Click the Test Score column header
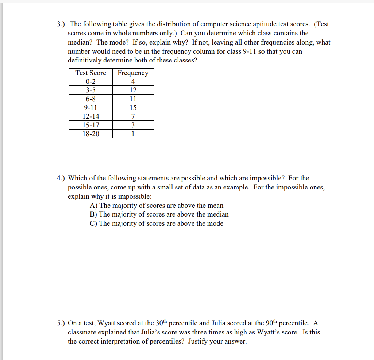pyautogui.click(x=90, y=73)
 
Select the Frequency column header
pyautogui.click(x=133, y=73)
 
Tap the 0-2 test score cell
pyautogui.click(x=90, y=81)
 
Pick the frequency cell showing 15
pyautogui.click(x=133, y=108)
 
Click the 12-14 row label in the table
pyautogui.click(x=90, y=116)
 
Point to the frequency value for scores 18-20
pyautogui.click(x=133, y=134)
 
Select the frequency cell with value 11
pyautogui.click(x=133, y=99)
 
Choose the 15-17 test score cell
pyautogui.click(x=90, y=125)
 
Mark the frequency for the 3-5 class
pyautogui.click(x=133, y=90)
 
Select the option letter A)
pyautogui.click(x=94, y=206)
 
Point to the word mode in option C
pyautogui.click(x=215, y=223)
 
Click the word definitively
pyautogui.click(x=87, y=60)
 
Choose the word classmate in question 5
pyautogui.click(x=83, y=333)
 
